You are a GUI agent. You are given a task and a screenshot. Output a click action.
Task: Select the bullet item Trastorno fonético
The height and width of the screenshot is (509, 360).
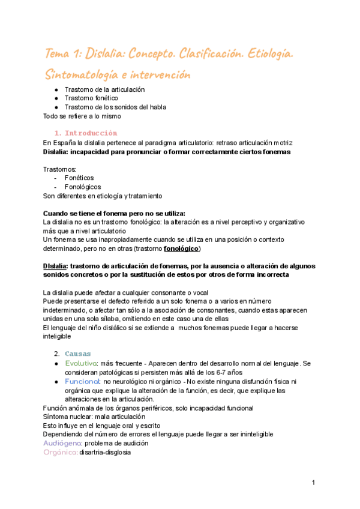[92, 98]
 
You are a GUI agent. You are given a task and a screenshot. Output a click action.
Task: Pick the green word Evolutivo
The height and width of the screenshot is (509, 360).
[81, 364]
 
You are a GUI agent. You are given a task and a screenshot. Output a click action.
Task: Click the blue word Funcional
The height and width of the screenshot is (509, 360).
[82, 381]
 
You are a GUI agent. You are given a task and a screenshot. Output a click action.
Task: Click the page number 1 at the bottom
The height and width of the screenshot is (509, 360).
[313, 483]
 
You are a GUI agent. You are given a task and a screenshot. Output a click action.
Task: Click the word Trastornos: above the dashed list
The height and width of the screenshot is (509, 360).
[59, 169]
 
